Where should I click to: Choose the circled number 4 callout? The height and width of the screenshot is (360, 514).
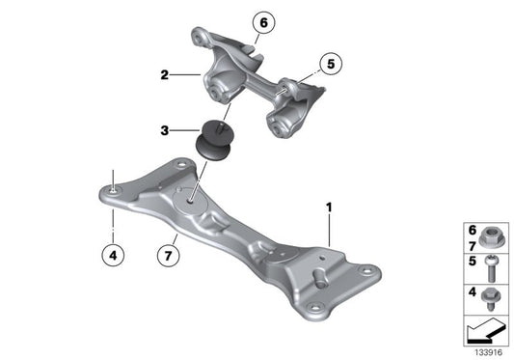114,256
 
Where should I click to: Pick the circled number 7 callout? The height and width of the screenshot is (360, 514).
170,256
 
